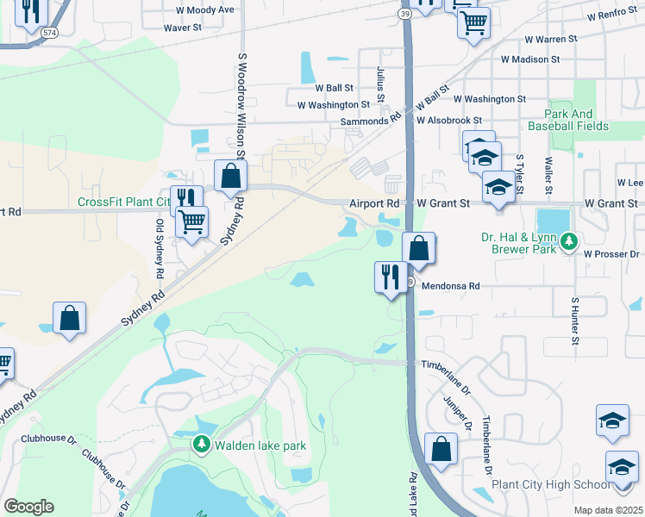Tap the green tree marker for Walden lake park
[x=201, y=445]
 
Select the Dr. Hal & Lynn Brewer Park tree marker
[x=567, y=242]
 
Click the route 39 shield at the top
[x=404, y=14]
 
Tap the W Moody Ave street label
[x=204, y=9]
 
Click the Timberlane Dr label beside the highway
[x=445, y=364]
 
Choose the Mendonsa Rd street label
[x=449, y=283]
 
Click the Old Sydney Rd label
[x=160, y=248]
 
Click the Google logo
[x=29, y=506]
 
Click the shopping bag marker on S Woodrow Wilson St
[x=231, y=177]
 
